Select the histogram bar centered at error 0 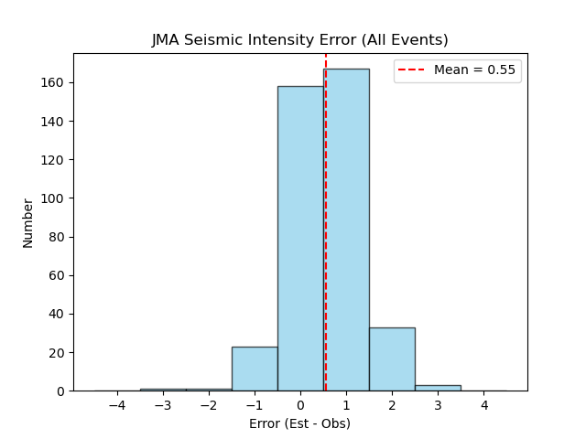pos(300,238)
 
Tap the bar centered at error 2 pos(392,359)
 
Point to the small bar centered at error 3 pos(438,388)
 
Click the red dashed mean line pos(325,183)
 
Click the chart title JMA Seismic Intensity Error pos(299,40)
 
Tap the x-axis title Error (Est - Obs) pos(299,423)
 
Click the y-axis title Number pos(27,222)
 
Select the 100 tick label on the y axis pos(56,198)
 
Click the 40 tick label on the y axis pos(60,314)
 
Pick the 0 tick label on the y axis pos(62,391)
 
